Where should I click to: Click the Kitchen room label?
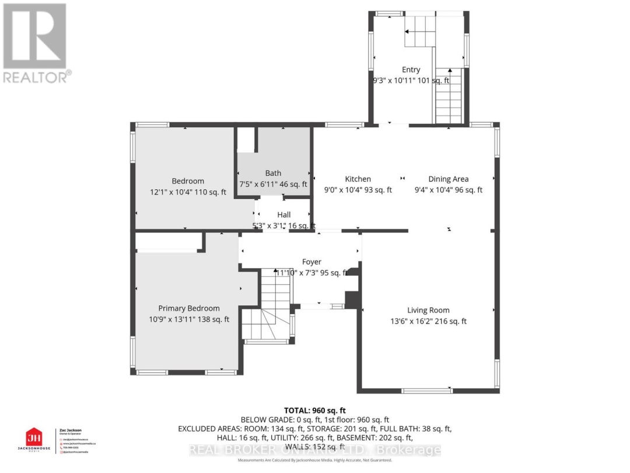tap(358, 179)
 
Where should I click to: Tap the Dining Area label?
tap(448, 179)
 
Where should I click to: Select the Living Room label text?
tap(428, 311)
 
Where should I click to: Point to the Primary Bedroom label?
tap(189, 308)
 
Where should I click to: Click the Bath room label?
tap(273, 173)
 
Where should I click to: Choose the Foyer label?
tap(311, 262)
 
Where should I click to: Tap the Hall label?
tap(283, 215)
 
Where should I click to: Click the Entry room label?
tap(411, 69)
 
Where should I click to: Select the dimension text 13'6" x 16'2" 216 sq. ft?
tap(428, 321)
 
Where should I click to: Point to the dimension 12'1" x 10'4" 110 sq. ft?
tap(188, 192)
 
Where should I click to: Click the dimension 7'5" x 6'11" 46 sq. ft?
tap(273, 184)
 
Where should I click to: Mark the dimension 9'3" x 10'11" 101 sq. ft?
tap(411, 80)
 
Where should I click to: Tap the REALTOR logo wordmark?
tap(36, 76)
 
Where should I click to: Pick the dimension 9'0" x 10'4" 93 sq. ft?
tap(358, 190)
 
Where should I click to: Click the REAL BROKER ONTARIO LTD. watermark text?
tap(315, 450)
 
